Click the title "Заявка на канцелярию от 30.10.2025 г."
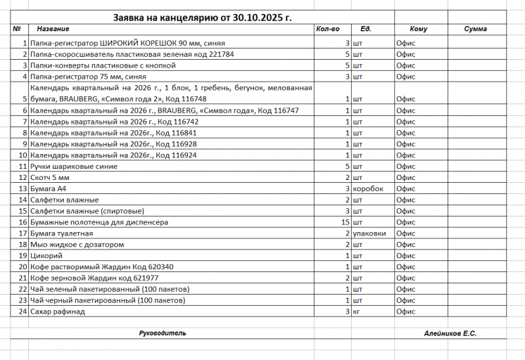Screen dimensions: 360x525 tap(202, 16)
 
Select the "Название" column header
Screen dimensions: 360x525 tap(53, 30)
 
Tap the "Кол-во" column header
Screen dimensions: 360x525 tap(328, 30)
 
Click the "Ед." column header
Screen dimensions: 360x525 tap(366, 30)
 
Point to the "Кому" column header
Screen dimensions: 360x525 tap(418, 30)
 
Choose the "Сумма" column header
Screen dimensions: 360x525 tap(476, 30)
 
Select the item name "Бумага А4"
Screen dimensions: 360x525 tap(47, 189)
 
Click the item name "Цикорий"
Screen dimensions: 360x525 tap(45, 256)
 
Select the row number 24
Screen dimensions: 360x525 tap(23, 311)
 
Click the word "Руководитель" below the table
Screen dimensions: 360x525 tap(162, 332)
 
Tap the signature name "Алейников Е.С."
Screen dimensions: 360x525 tap(450, 332)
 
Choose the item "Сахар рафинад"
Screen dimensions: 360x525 tap(57, 311)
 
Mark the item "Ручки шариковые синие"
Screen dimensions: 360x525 tap(73, 167)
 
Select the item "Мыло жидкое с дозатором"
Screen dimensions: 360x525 tap(77, 245)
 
